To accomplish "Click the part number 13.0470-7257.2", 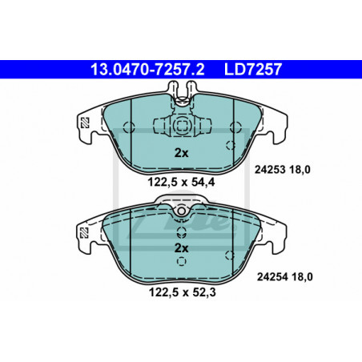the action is click(147, 69).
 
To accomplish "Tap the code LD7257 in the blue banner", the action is click(252, 69).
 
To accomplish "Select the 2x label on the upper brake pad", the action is click(181, 153).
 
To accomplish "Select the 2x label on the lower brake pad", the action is click(181, 248).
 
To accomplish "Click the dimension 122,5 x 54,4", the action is click(181, 183).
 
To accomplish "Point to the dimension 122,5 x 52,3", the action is click(182, 292).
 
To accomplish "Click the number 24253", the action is click(270, 170).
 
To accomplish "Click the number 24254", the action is click(272, 277).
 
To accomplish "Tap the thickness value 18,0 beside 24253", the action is click(300, 170).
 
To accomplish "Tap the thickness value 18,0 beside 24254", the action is click(302, 277).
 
